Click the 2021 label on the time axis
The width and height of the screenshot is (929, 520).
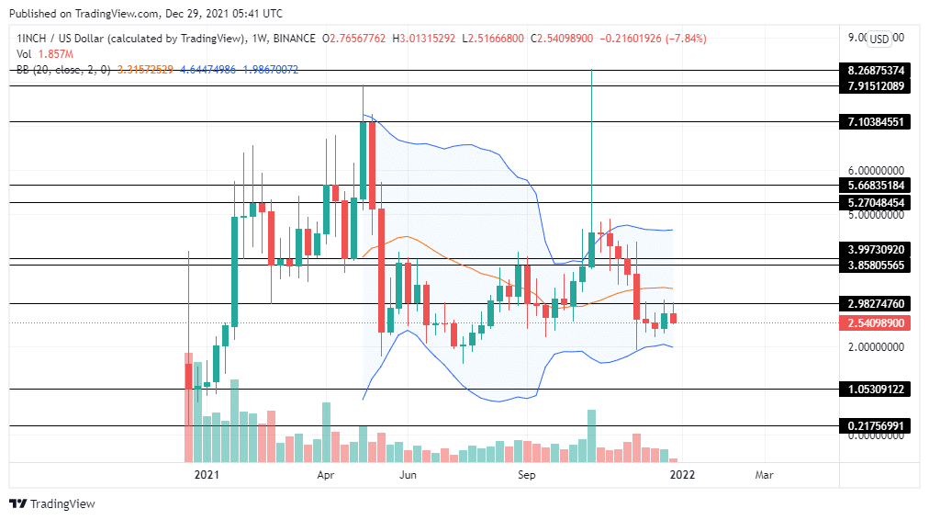pyautogui.click(x=207, y=475)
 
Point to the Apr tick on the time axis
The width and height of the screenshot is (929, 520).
pyautogui.click(x=326, y=475)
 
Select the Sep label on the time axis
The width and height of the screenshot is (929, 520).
pyautogui.click(x=526, y=475)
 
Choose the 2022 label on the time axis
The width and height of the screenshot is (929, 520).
pyautogui.click(x=681, y=475)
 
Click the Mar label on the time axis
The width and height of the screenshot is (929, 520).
pyautogui.click(x=764, y=475)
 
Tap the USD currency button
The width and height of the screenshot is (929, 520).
pyautogui.click(x=879, y=39)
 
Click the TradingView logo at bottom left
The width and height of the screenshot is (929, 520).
pyautogui.click(x=52, y=503)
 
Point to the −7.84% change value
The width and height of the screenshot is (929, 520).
pyautogui.click(x=687, y=39)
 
